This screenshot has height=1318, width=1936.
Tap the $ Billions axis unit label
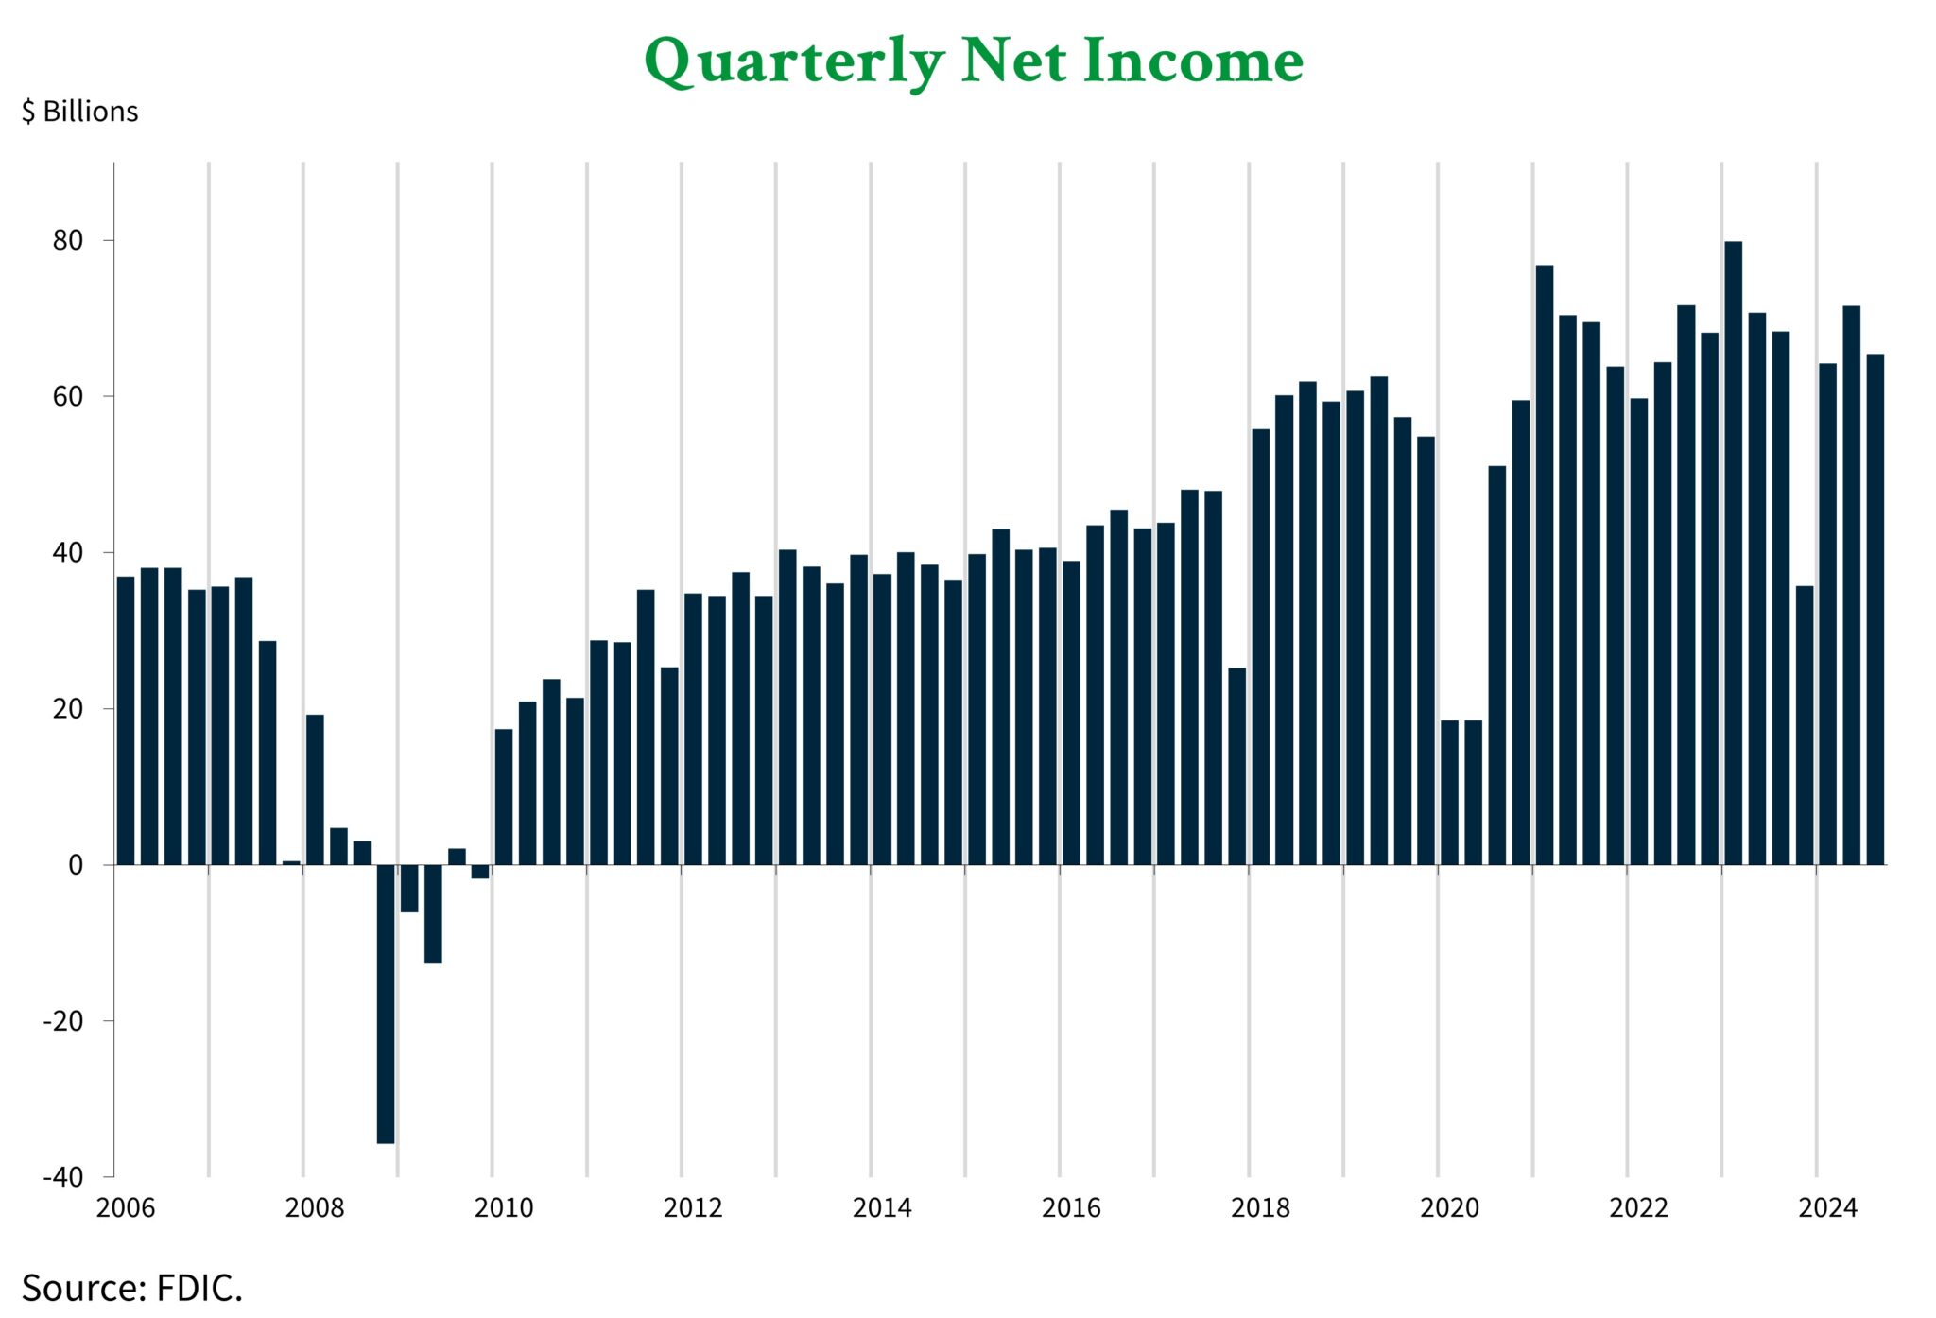80,112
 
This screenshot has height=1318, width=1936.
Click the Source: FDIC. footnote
132,1288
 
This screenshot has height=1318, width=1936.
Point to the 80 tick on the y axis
68,240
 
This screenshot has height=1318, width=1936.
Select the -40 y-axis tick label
62,1177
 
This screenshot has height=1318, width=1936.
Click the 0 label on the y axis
76,865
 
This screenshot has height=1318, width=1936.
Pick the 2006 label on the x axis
126,1207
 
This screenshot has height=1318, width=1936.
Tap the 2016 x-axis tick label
1071,1207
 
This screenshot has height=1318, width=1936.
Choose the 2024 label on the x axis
1827,1207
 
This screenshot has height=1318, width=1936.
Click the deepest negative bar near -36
386,1002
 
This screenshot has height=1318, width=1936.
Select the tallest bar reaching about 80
1733,553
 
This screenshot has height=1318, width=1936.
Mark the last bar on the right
1875,609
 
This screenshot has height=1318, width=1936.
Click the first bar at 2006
126,720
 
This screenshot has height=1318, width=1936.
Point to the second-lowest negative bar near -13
433,913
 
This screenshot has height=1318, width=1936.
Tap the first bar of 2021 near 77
1544,564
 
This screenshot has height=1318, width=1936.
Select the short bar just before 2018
1236,766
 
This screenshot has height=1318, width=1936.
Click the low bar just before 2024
1804,725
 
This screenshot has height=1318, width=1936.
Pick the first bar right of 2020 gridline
1449,792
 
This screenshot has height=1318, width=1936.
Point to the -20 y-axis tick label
62,1021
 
